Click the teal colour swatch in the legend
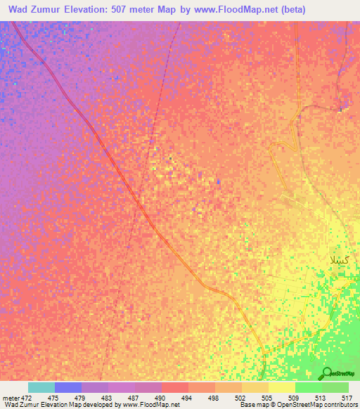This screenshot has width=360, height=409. (x=41, y=387)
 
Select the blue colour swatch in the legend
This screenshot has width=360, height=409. (x=68, y=387)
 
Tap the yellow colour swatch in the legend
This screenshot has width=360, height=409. (x=281, y=387)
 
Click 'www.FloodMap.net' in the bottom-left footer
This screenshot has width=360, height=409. (x=151, y=405)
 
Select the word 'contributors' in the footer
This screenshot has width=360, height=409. (x=340, y=405)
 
